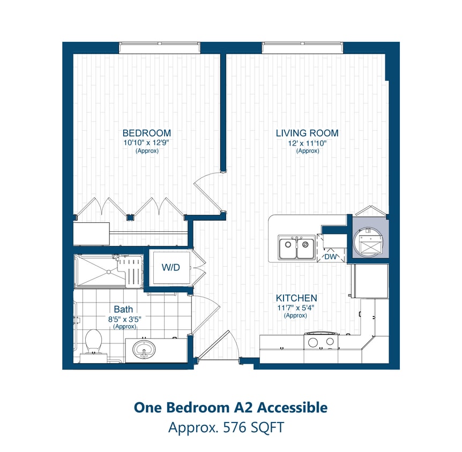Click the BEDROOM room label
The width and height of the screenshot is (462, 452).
[x=147, y=133]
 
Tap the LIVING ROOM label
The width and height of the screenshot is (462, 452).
[x=307, y=133]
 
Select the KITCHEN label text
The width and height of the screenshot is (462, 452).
[x=296, y=298]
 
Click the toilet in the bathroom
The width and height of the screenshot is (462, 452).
[x=93, y=343]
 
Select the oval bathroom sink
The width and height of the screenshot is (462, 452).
[x=145, y=350]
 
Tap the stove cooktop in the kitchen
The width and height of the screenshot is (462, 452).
[x=320, y=341]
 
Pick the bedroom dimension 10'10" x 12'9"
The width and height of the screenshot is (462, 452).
[x=146, y=143]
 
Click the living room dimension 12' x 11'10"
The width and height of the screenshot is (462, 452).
[x=308, y=143]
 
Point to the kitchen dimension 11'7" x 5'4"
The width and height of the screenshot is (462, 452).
[x=295, y=307]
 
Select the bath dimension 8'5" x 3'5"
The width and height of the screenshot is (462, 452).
[x=123, y=319]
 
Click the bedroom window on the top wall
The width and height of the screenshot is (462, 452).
[x=159, y=48]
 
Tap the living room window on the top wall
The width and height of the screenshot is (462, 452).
[x=302, y=48]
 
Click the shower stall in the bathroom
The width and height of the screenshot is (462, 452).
[x=109, y=271]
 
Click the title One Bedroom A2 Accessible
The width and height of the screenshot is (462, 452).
[x=230, y=408]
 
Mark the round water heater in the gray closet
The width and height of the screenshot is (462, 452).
[x=369, y=240]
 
